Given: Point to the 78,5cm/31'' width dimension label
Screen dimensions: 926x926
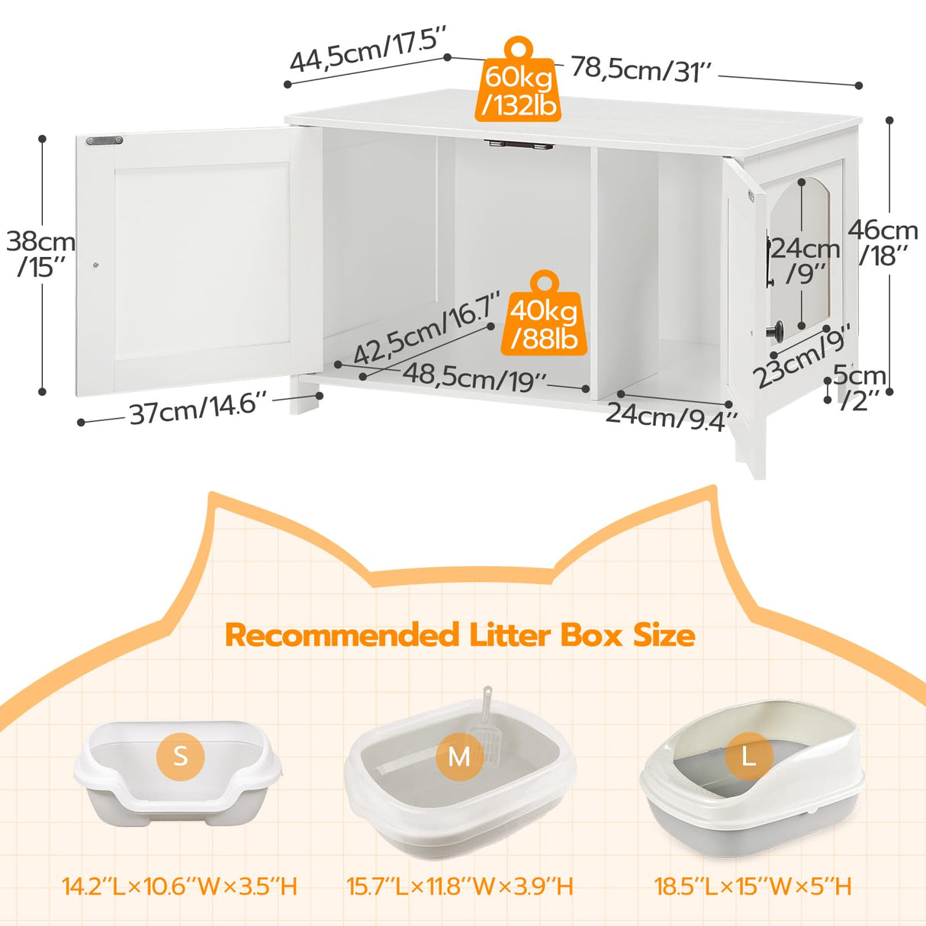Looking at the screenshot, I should click(x=641, y=70).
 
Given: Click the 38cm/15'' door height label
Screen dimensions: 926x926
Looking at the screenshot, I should click(x=41, y=253).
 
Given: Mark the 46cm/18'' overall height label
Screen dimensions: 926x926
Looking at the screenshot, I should click(x=883, y=242).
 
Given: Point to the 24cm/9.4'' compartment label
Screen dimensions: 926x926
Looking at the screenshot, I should click(x=671, y=416).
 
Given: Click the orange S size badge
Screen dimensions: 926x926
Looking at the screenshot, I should click(x=180, y=756).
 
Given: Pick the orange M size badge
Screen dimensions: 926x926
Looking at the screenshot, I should click(x=459, y=757).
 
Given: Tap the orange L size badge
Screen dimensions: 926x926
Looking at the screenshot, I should click(x=749, y=756).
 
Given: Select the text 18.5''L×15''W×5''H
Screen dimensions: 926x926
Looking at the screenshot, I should click(x=752, y=886).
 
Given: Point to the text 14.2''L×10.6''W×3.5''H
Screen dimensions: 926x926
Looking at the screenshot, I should click(x=180, y=886).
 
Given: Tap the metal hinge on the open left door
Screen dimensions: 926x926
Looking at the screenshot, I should click(x=104, y=140).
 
